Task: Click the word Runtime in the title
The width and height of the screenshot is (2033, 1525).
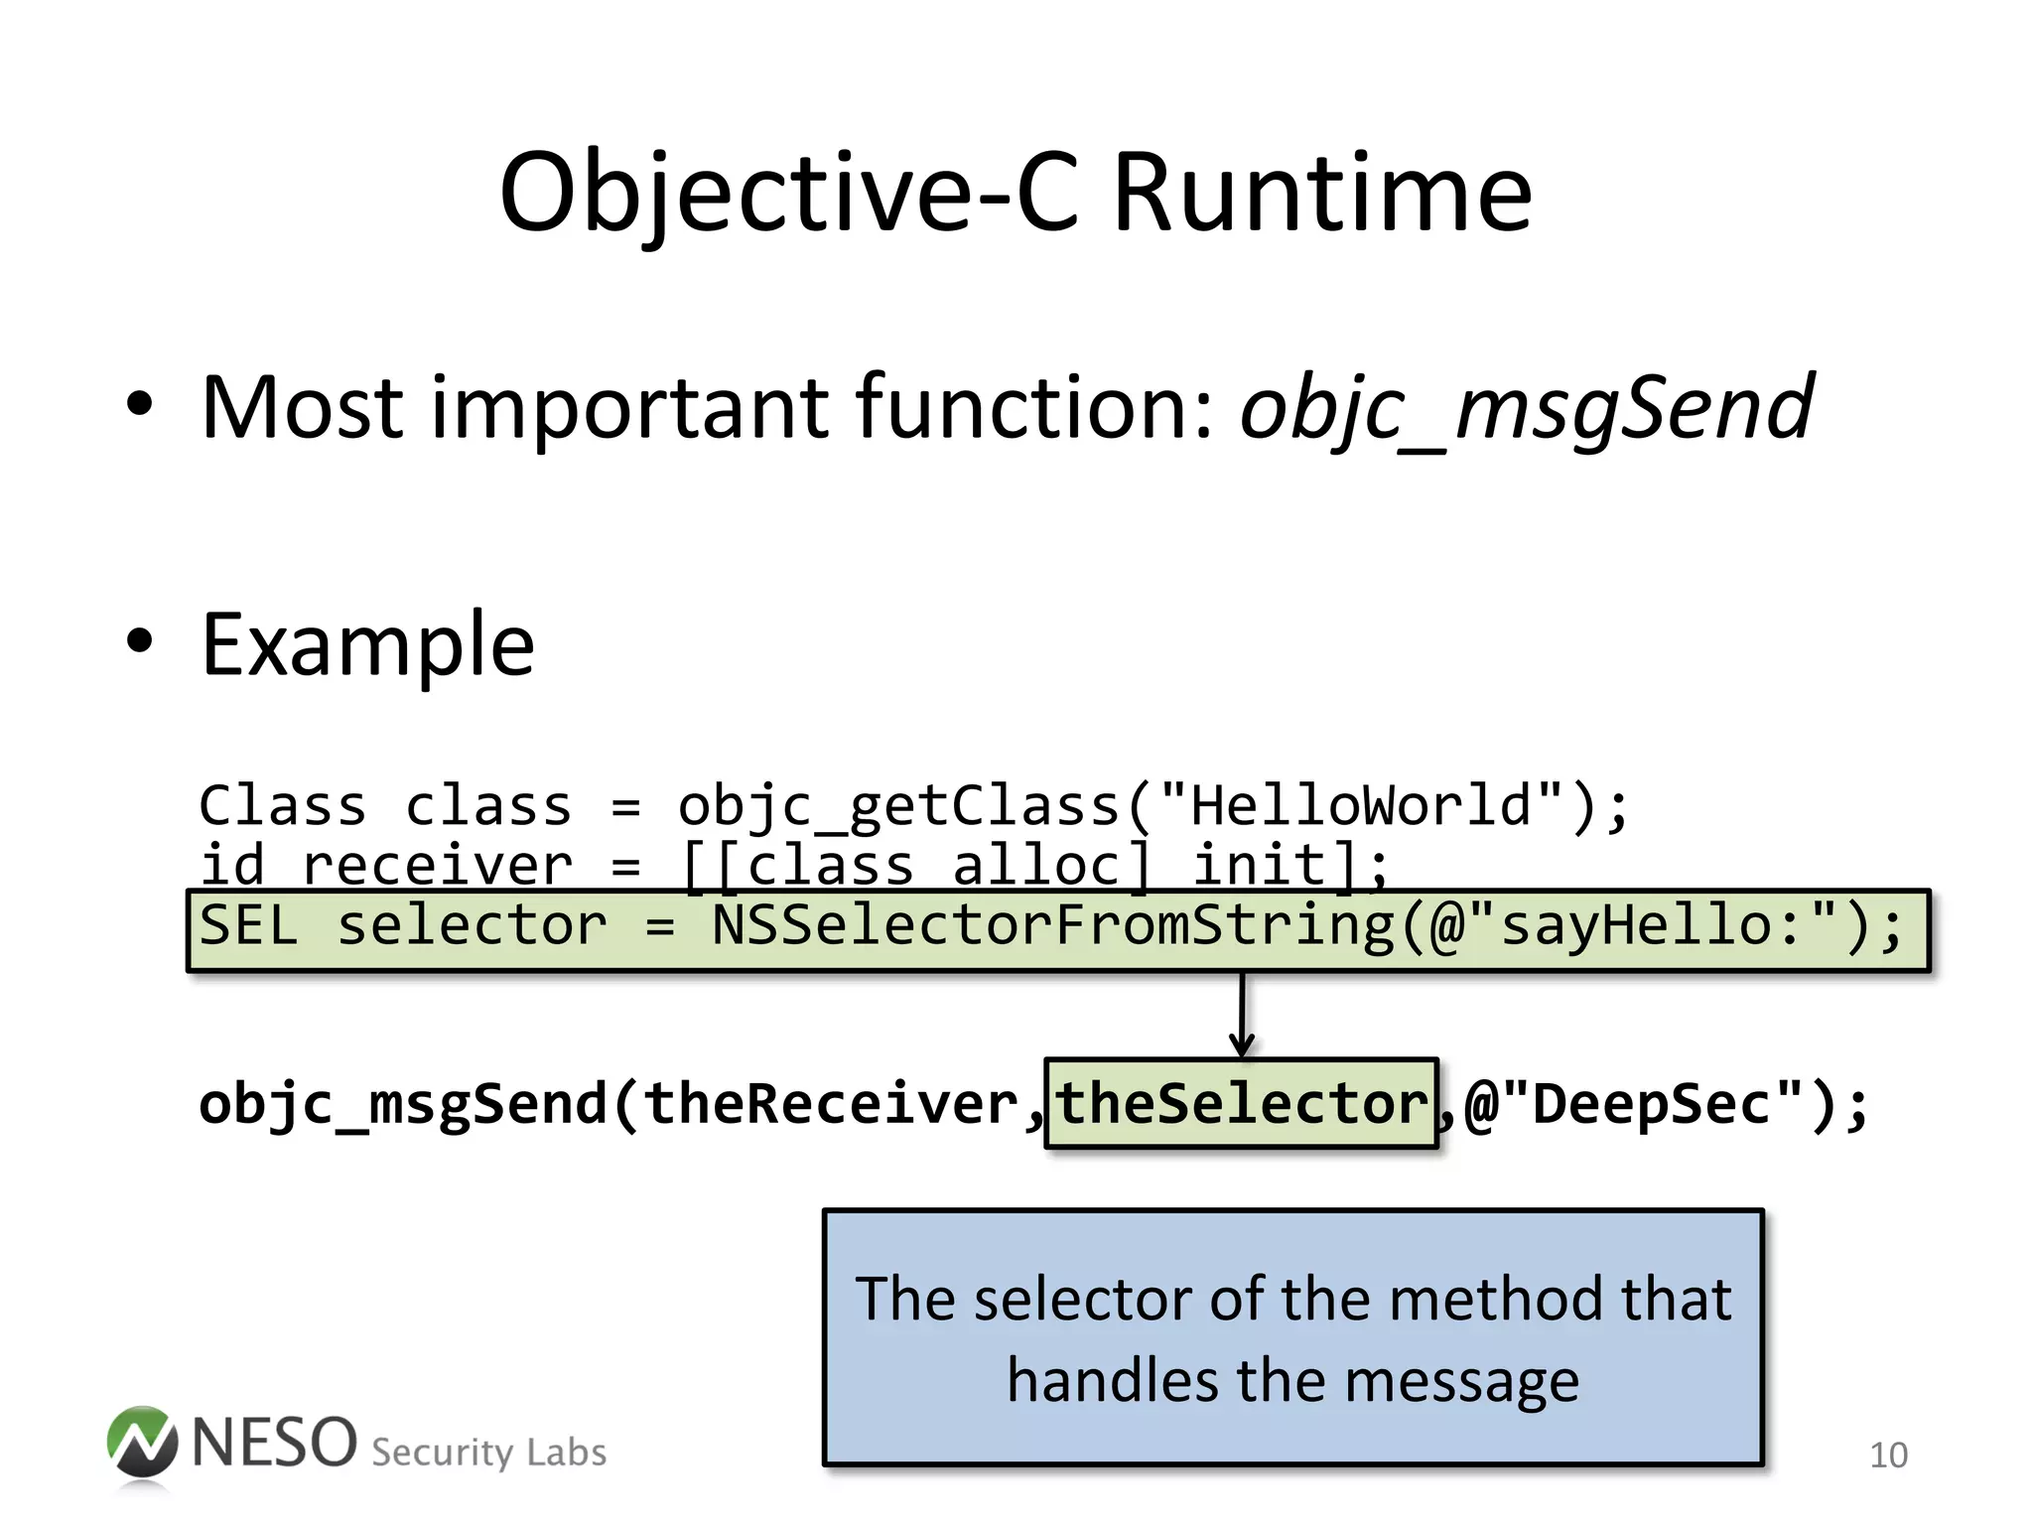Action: tap(1322, 193)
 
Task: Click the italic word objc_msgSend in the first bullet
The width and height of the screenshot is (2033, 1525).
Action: tap(1527, 407)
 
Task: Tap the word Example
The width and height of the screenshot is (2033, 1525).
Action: tap(367, 645)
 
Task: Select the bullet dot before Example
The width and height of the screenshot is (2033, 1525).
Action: tap(140, 641)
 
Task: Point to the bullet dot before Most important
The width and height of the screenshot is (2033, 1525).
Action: tap(140, 404)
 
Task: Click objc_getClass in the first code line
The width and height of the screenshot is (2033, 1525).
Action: tap(898, 806)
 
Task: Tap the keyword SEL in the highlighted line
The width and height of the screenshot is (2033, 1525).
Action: tap(248, 926)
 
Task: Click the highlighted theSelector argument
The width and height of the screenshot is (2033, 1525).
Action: tap(1241, 1104)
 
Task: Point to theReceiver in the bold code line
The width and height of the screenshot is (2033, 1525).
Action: tap(831, 1104)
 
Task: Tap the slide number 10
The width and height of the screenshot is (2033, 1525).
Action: tap(1888, 1456)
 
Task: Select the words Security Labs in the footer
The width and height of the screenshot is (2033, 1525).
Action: tap(488, 1453)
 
